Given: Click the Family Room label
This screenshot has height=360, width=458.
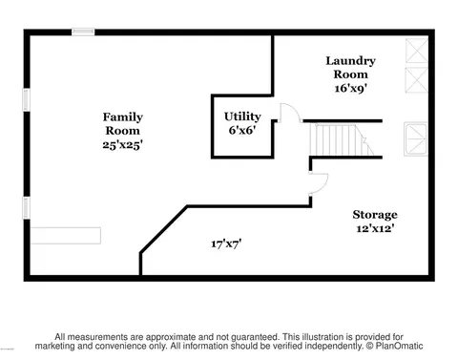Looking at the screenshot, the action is [x=122, y=124].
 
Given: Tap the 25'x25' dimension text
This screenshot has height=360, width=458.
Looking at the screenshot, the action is [x=122, y=145].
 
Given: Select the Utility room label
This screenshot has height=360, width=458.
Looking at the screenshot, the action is [x=242, y=116].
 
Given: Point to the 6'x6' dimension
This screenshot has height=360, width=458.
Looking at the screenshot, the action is [x=242, y=130].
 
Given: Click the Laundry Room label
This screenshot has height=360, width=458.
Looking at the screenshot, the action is [x=350, y=68].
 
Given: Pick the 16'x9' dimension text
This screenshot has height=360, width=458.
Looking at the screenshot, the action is [x=350, y=88].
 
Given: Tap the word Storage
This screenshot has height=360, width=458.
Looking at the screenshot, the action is [x=375, y=215].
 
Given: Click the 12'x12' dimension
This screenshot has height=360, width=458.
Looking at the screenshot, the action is [x=375, y=228].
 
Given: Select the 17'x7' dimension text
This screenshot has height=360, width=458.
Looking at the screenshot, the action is [x=226, y=244].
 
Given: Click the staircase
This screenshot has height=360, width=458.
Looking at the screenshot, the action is [x=341, y=139].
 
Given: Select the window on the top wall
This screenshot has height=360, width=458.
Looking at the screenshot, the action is [x=83, y=32].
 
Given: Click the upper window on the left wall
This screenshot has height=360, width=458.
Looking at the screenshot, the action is [x=26, y=99].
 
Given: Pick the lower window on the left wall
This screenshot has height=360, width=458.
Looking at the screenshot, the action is [x=26, y=208].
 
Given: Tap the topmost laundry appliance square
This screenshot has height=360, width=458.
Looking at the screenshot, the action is [x=417, y=51].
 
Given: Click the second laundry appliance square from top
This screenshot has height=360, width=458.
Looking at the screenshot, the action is [x=417, y=79].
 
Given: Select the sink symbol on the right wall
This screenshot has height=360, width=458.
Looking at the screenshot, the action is [x=416, y=139].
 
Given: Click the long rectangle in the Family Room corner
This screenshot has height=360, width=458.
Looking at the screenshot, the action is [x=66, y=236].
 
